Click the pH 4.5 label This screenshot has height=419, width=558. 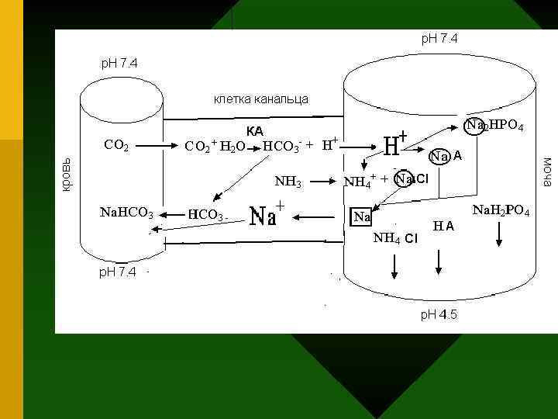click(439, 314)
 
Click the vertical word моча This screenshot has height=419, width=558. click(547, 171)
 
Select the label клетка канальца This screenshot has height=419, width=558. click(260, 99)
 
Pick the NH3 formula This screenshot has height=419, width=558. click(288, 182)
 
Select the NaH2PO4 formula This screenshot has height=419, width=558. click(501, 209)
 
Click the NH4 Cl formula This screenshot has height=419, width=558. click(395, 237)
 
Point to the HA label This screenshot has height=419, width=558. click(444, 226)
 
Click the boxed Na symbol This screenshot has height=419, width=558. click(361, 216)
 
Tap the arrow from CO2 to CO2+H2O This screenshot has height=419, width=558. click(161, 144)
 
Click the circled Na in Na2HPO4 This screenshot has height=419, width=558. click(474, 125)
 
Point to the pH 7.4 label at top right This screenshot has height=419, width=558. click(439, 37)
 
